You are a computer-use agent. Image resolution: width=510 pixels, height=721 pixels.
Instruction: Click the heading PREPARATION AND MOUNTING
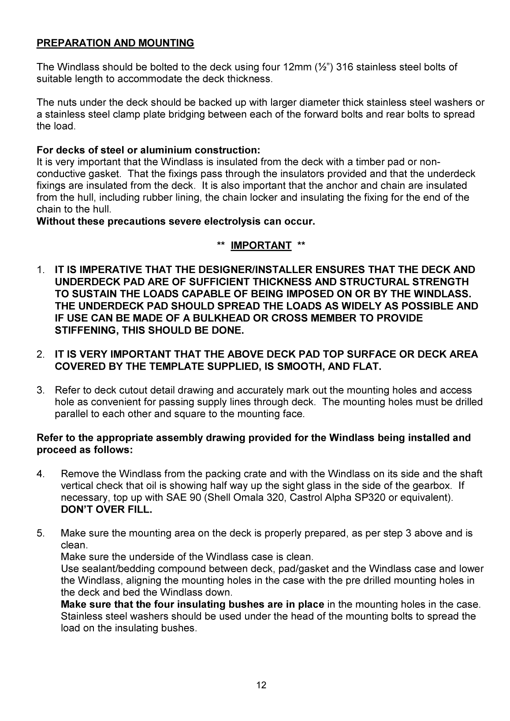(115, 43)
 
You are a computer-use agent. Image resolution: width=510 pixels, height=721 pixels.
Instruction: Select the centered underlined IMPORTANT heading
(261, 245)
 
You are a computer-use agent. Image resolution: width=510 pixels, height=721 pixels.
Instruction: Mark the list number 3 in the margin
(40, 390)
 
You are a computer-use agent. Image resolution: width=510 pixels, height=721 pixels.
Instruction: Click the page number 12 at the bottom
(261, 685)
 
